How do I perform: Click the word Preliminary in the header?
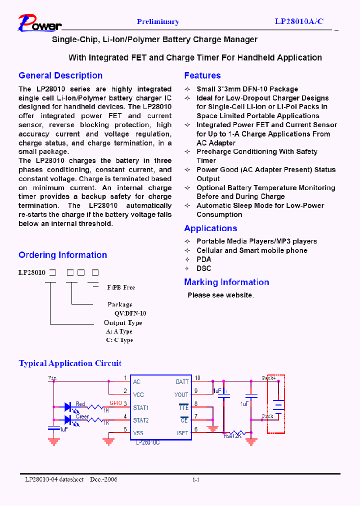click(x=157, y=21)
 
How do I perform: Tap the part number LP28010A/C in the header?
click(x=299, y=21)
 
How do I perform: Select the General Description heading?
click(x=60, y=75)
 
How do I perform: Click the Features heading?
click(x=202, y=75)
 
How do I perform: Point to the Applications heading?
click(x=210, y=228)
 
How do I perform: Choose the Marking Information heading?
click(x=226, y=282)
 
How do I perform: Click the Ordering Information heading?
click(x=62, y=255)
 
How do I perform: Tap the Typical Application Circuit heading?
click(x=70, y=363)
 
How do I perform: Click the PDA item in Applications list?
click(x=204, y=259)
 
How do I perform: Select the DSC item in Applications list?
click(x=204, y=268)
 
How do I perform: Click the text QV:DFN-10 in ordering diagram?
click(x=130, y=313)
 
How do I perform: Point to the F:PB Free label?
click(x=121, y=287)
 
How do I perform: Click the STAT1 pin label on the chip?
click(x=140, y=408)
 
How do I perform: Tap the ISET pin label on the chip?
click(x=182, y=433)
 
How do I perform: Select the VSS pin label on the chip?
click(x=138, y=433)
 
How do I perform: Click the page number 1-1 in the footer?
click(x=196, y=479)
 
